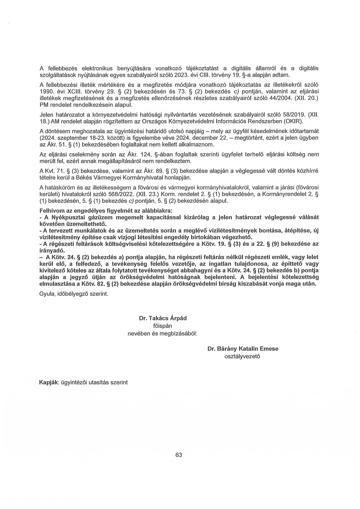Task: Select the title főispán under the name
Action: click(x=163, y=326)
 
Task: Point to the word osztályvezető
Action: click(x=242, y=356)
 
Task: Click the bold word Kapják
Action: click(x=50, y=382)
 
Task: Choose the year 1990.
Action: click(x=46, y=92)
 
